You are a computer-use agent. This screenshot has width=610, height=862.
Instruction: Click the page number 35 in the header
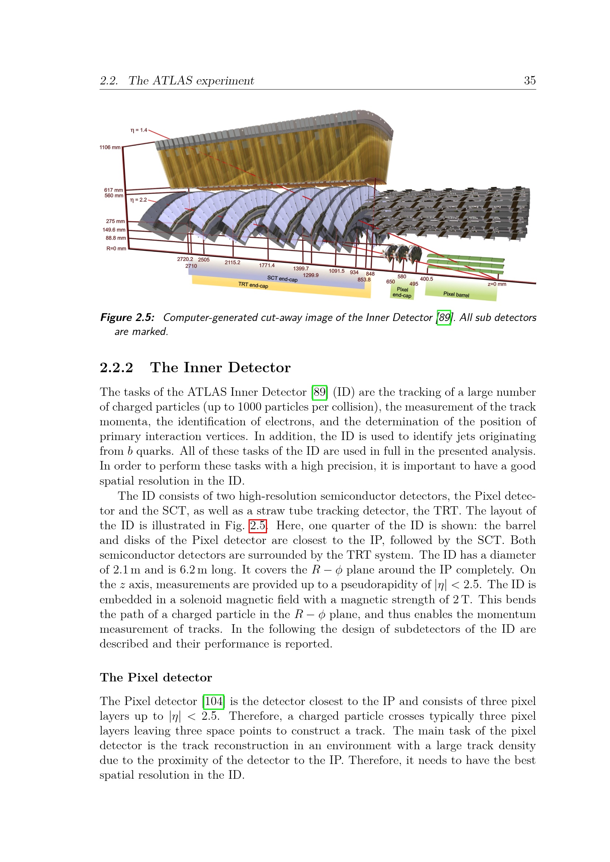pos(530,80)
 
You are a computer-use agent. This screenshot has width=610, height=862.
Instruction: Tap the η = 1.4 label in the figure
pos(139,130)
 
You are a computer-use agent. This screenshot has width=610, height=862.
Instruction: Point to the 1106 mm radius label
pos(110,147)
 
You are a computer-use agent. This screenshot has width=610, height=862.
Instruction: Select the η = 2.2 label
pos(138,200)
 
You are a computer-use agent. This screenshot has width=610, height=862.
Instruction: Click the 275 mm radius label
pos(115,221)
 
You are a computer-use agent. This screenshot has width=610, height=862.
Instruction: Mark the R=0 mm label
pos(116,248)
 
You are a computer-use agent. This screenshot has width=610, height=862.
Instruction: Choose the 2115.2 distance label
pos(232,262)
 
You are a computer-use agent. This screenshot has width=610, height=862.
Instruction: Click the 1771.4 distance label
pos(267,265)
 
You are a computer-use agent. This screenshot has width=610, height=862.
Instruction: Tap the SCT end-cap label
pos(282,279)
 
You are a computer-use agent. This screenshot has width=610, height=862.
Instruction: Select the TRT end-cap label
pos(253,285)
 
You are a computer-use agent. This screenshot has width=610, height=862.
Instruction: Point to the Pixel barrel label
pos(456,295)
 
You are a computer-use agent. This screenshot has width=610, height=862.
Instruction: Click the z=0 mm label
pos(496,284)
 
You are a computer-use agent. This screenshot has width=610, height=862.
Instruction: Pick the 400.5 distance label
pos(426,279)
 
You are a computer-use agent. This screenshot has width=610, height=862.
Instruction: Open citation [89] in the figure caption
pos(444,318)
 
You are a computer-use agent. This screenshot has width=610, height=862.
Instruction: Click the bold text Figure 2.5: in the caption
pos(127,318)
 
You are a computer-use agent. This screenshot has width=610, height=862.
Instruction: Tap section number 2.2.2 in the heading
pos(117,367)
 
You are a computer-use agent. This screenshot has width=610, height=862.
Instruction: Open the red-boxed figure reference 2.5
pos(258,526)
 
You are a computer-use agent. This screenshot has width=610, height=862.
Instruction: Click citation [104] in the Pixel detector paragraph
pos(213,701)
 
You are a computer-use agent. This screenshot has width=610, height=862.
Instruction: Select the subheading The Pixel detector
pos(156,677)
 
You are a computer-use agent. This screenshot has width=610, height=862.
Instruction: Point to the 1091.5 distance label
pos(337,271)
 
